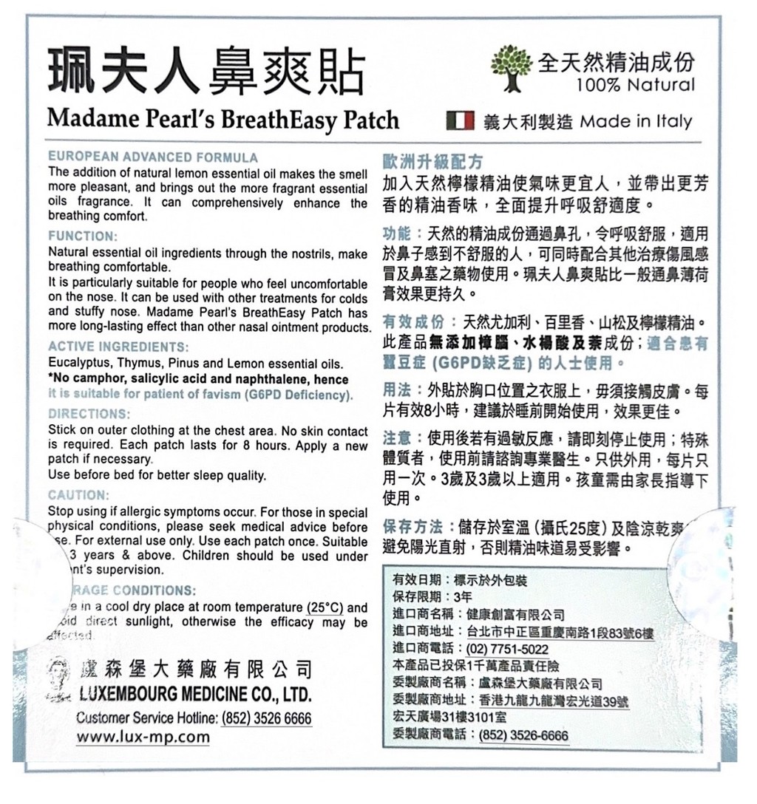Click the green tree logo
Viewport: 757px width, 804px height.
tap(512, 67)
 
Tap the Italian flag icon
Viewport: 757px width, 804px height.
tap(461, 120)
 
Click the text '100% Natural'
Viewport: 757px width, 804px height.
tap(636, 85)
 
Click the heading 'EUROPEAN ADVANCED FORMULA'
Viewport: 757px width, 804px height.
tap(153, 157)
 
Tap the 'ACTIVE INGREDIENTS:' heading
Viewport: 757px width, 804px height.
tap(118, 347)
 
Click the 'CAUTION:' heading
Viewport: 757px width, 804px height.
tap(78, 494)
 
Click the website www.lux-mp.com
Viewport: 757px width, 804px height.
tap(143, 737)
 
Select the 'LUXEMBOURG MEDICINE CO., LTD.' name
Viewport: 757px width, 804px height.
tap(194, 695)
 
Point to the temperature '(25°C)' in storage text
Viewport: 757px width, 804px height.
tap(325, 608)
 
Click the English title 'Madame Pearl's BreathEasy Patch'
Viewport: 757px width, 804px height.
tap(223, 120)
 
